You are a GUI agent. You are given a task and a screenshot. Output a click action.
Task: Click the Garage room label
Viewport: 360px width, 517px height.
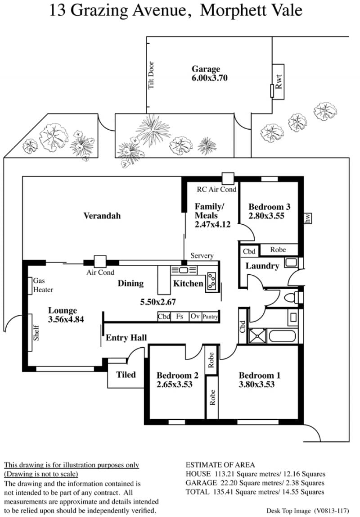(206, 69)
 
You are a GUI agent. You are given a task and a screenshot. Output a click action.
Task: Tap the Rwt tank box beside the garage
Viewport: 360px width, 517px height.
(279, 82)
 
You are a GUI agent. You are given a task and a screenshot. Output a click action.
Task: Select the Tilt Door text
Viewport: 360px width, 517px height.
(151, 75)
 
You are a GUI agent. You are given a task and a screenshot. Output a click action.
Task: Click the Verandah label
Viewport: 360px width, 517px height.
(102, 216)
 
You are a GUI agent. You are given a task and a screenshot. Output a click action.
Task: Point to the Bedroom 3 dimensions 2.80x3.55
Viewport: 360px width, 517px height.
(266, 216)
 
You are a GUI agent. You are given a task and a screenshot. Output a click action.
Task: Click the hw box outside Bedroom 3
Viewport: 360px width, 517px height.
(308, 218)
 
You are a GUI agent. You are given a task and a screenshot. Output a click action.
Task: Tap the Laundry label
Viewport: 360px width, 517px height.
(262, 266)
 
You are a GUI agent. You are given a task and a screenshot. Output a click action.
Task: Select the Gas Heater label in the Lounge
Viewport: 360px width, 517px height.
(43, 285)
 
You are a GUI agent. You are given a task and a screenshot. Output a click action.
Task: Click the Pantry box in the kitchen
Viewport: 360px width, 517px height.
(210, 317)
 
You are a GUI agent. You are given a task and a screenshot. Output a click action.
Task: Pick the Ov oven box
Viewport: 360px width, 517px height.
(195, 317)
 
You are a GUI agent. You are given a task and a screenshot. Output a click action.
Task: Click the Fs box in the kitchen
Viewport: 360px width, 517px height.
(180, 317)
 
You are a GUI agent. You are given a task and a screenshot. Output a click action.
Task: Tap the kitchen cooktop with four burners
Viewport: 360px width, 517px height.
(211, 281)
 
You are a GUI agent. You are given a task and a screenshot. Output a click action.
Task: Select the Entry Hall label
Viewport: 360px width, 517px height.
(126, 338)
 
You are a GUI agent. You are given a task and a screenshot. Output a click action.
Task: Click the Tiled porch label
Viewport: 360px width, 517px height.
(126, 375)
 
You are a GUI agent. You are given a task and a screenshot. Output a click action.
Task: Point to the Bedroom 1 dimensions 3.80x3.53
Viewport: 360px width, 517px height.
(256, 385)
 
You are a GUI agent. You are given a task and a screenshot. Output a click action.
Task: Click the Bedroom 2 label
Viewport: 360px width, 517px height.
(177, 375)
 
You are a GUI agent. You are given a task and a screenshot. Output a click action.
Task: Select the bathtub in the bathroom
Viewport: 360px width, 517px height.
(282, 336)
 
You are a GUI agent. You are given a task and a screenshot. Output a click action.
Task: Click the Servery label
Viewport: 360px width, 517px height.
(202, 255)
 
